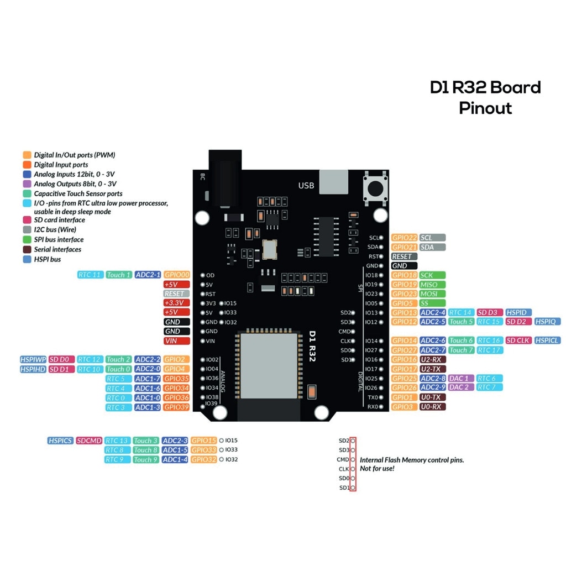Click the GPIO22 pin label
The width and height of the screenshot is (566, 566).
404,238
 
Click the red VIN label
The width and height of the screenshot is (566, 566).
177,341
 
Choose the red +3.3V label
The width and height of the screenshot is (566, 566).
177,303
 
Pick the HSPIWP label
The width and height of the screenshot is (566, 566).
33,359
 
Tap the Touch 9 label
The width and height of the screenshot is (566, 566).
146,459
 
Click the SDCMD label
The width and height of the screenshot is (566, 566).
90,441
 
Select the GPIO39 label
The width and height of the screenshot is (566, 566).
177,407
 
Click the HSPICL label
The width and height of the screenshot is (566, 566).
547,340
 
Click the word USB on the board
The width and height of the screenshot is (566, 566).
306,185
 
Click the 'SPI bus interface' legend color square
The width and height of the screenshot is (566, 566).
27,239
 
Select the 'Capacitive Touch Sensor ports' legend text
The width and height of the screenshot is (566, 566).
78,193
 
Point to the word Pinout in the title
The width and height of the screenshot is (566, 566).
485,108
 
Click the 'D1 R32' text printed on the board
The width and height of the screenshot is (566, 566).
312,346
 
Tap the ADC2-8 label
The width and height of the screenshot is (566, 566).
432,378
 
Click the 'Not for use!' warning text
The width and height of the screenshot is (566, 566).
377,469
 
